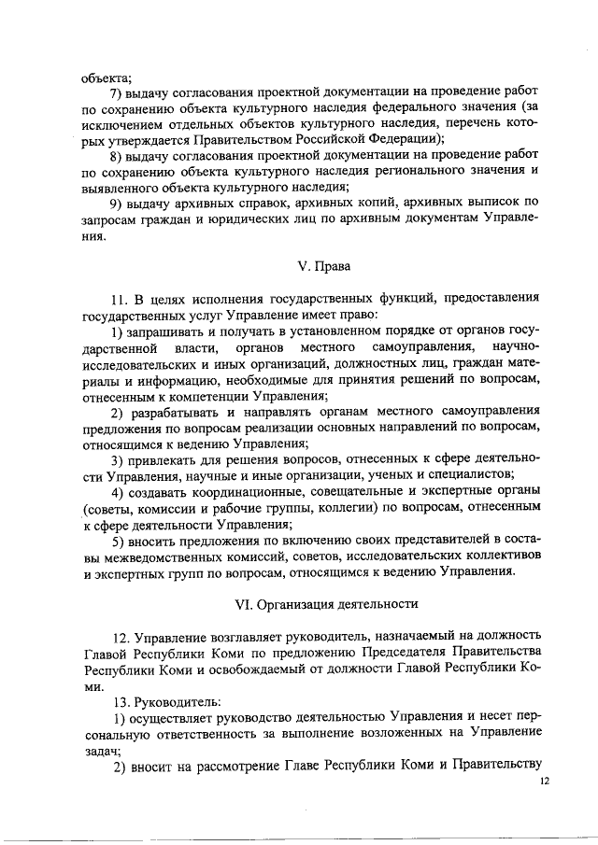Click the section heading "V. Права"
tap(323, 266)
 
